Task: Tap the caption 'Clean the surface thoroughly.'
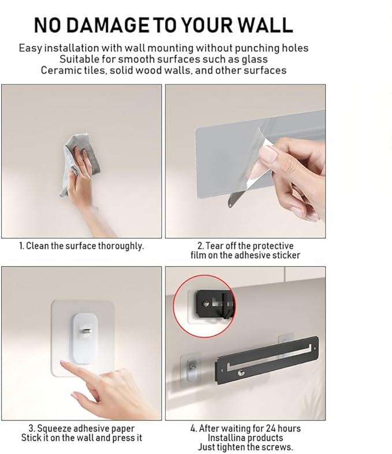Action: pyautogui.click(x=85, y=246)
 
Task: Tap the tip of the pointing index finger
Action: pyautogui.click(x=62, y=362)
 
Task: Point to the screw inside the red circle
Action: pyautogui.click(x=206, y=304)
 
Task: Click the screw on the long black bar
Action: pyautogui.click(x=241, y=373)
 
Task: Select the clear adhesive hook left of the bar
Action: pyautogui.click(x=190, y=371)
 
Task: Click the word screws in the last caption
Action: pyautogui.click(x=277, y=447)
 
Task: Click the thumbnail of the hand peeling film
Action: pyautogui.click(x=245, y=161)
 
